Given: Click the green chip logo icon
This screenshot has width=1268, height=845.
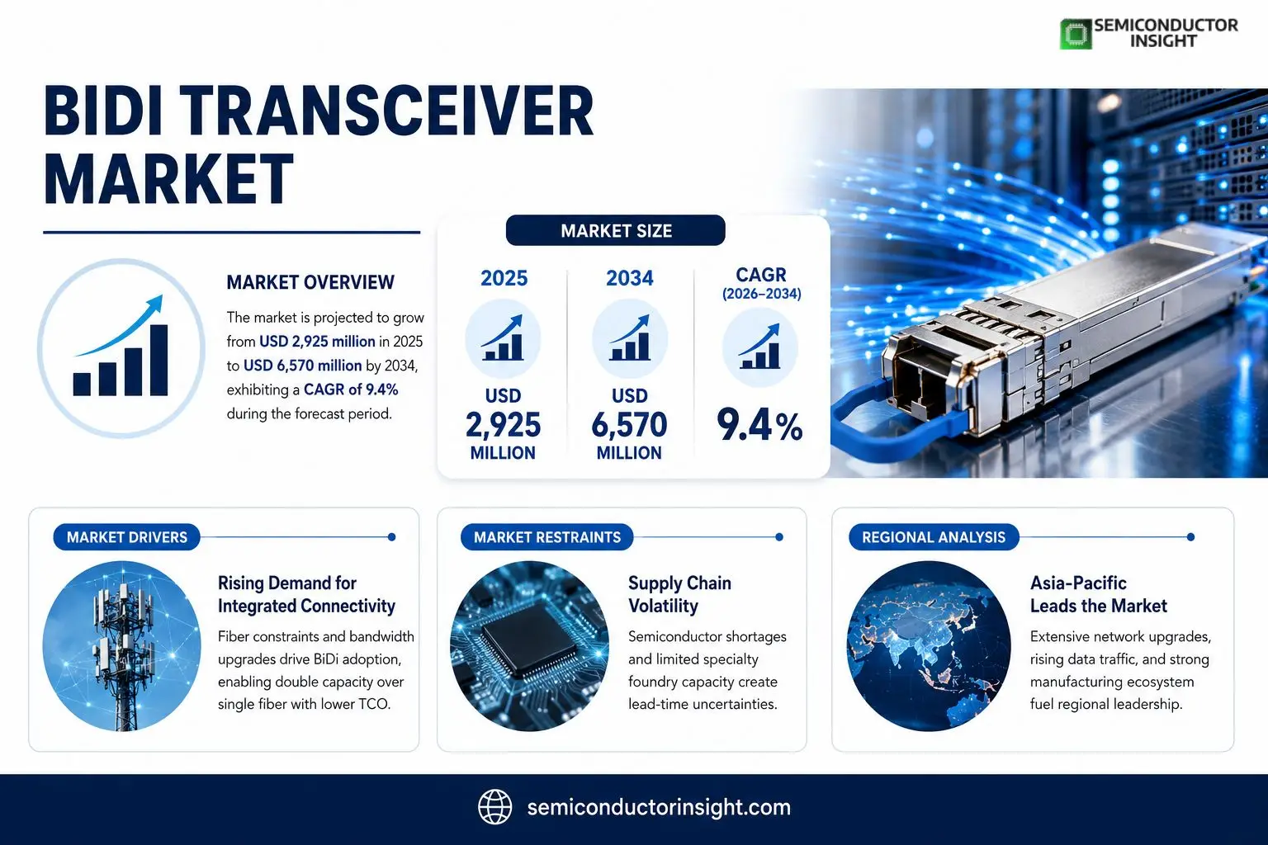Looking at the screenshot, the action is click(1076, 34).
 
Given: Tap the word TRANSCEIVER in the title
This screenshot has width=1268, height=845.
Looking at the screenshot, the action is click(390, 111).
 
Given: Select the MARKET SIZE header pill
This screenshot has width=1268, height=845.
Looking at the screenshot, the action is click(615, 230).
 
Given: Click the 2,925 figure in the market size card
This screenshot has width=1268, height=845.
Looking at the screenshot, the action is click(503, 424).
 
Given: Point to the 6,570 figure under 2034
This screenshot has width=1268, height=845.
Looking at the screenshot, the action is click(629, 424).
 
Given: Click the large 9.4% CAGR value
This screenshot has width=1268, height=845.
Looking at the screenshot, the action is click(759, 426).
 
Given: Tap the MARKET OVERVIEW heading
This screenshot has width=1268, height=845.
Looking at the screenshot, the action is click(310, 282).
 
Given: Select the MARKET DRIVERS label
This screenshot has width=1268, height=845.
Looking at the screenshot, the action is click(127, 537).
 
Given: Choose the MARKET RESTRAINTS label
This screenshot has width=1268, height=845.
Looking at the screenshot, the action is click(546, 537).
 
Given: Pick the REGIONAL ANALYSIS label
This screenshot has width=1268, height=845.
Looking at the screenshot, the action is click(934, 537).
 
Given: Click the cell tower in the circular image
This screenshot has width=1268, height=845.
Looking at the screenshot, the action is click(121, 651).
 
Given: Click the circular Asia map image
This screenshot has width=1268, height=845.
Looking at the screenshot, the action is click(929, 646).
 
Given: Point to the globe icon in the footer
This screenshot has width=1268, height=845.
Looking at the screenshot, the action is click(494, 807).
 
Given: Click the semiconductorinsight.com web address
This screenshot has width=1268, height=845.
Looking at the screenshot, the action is click(659, 808).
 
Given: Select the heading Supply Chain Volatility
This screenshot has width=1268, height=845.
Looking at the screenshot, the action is click(679, 594).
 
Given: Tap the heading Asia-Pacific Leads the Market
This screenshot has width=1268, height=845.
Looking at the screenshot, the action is click(1098, 594).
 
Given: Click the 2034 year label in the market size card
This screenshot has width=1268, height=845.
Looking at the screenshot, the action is click(630, 278).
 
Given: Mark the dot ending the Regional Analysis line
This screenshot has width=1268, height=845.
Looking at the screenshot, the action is click(1190, 537).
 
